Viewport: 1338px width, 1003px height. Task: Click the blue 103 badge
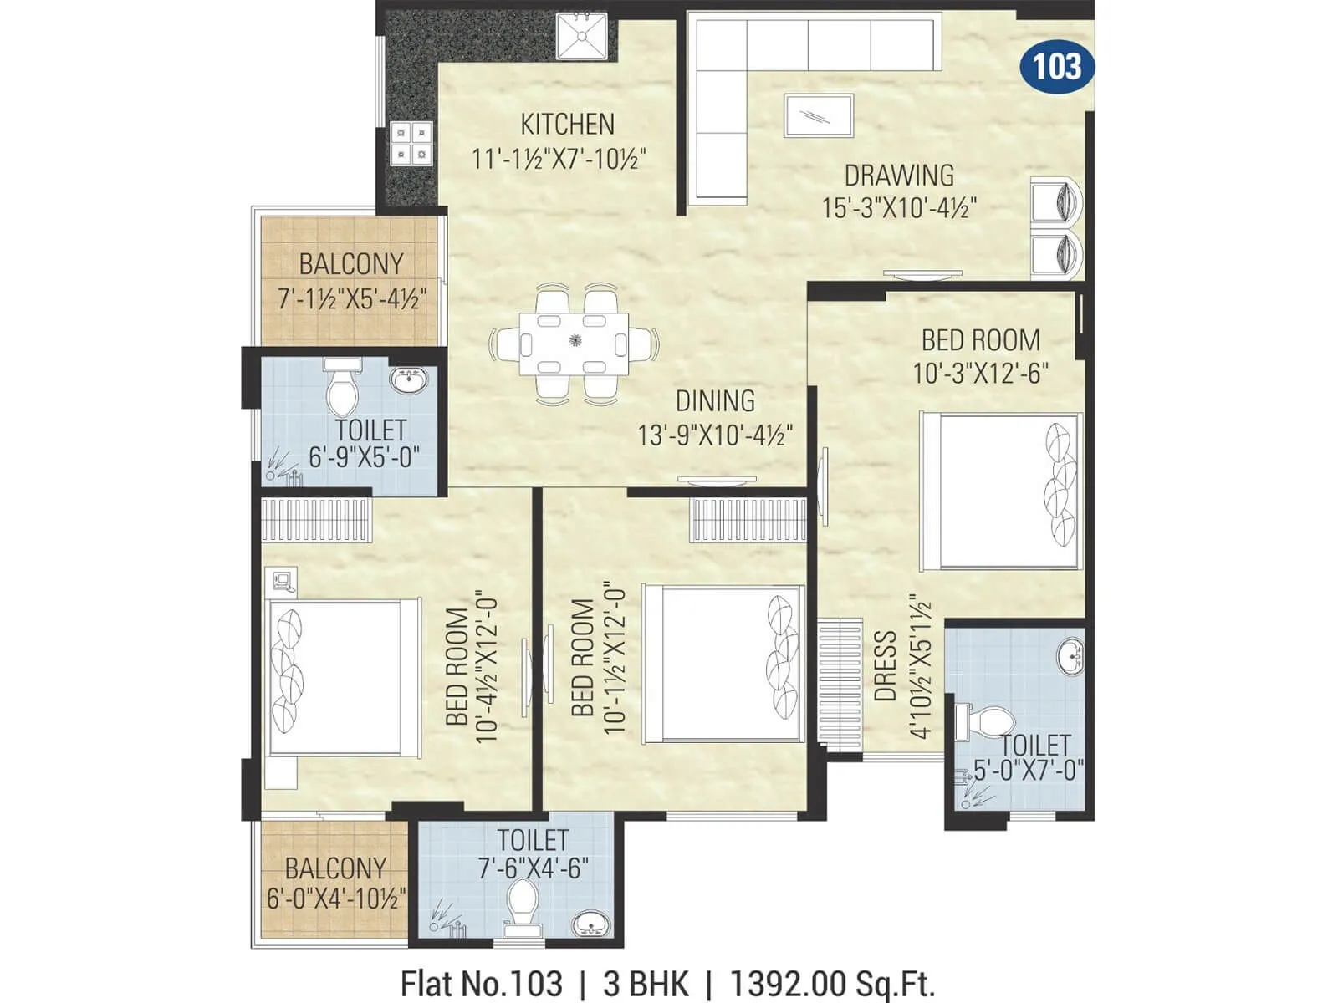click(1057, 66)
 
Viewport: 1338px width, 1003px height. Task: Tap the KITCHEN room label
click(567, 125)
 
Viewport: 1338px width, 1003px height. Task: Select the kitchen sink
click(582, 37)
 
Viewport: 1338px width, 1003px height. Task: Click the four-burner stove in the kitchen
click(411, 144)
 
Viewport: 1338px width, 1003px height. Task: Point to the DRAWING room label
click(899, 176)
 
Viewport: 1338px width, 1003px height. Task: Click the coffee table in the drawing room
click(819, 115)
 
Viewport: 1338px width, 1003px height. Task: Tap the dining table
click(573, 344)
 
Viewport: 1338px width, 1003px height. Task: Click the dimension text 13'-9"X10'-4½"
click(715, 435)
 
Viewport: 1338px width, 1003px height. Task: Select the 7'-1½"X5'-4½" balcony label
click(352, 298)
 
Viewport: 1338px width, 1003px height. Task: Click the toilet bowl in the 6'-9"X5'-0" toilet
click(342, 389)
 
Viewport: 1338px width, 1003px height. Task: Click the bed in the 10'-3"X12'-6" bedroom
click(1000, 491)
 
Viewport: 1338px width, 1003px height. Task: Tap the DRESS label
click(885, 666)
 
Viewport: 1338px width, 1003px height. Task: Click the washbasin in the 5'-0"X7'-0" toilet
click(1070, 655)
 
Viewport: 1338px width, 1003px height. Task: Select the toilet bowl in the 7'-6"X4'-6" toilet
click(523, 906)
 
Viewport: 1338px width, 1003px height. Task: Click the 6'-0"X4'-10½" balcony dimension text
click(336, 899)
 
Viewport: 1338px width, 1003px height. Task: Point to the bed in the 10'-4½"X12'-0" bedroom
click(343, 678)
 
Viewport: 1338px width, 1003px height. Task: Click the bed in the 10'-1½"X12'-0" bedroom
click(723, 663)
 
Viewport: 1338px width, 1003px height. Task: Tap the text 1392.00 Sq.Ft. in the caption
click(832, 984)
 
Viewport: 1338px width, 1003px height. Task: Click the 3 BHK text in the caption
click(646, 984)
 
